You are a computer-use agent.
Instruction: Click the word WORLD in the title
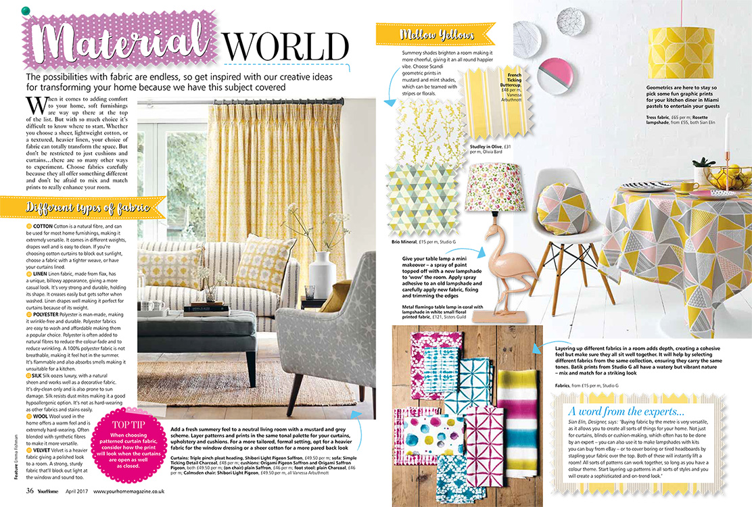tap(286, 46)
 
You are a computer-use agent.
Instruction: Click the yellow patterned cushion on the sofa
tap(254, 263)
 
